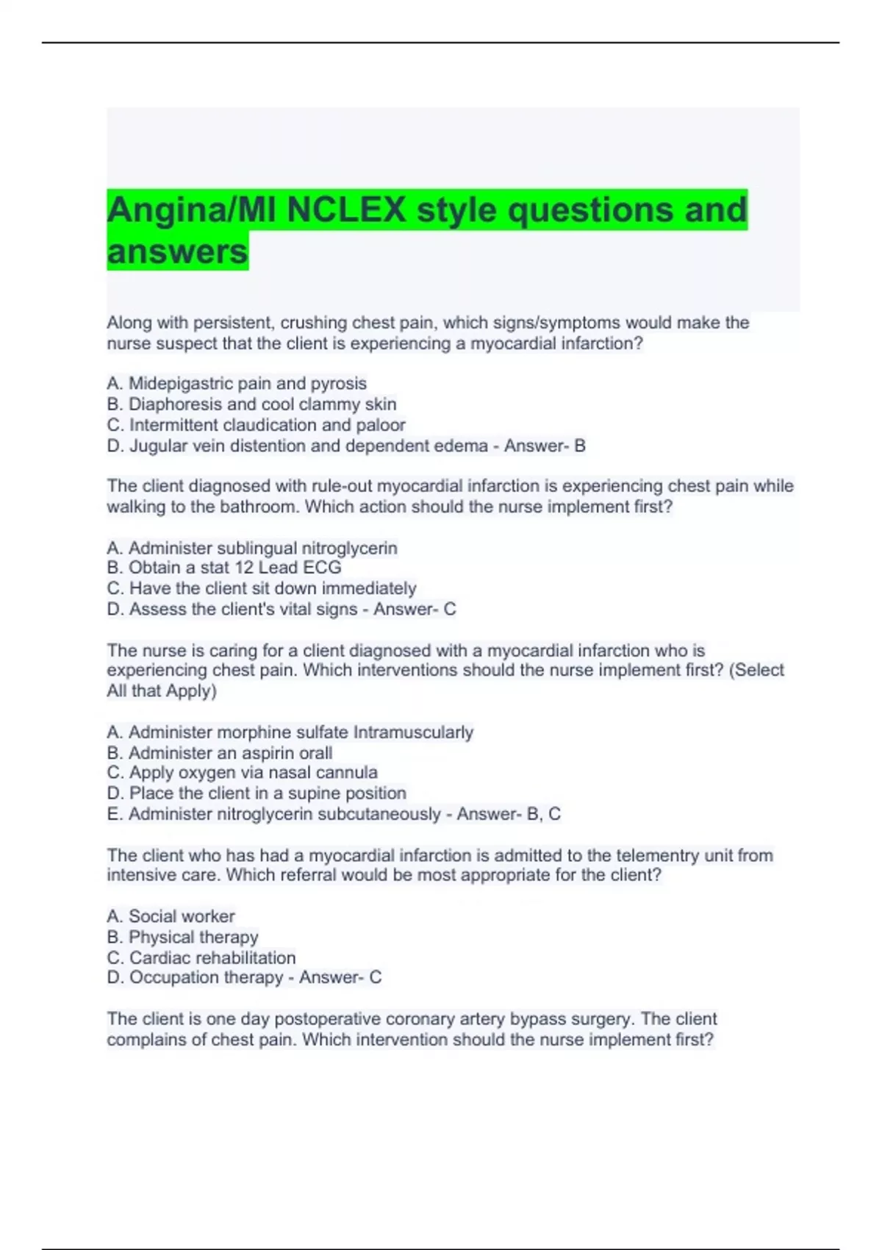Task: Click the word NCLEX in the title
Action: pyautogui.click(x=346, y=210)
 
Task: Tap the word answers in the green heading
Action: pyautogui.click(x=177, y=251)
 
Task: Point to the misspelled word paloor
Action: pyautogui.click(x=381, y=425)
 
